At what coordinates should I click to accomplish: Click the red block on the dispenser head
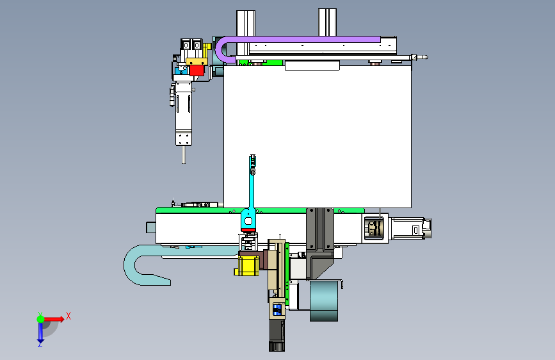tap(197, 70)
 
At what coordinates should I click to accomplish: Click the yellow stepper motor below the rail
tap(246, 266)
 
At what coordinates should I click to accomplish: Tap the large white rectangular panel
tap(318, 136)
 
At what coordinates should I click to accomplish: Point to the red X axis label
tap(68, 316)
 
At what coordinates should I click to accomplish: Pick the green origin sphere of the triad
tap(41, 319)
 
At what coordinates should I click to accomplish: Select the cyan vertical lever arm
tap(252, 192)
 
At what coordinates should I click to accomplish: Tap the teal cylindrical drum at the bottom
tap(324, 301)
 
